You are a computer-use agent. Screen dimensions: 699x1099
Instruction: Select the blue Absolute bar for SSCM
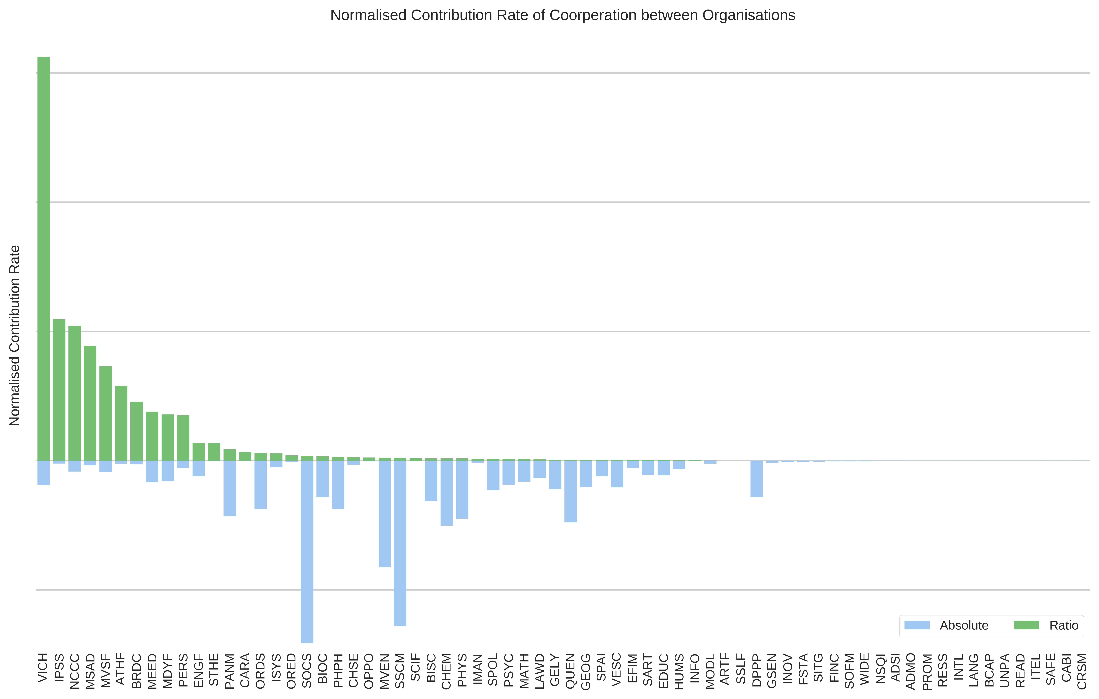coord(400,543)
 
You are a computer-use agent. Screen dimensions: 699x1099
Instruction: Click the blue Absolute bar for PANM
coord(230,488)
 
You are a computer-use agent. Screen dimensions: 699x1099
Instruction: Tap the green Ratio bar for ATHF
coord(121,423)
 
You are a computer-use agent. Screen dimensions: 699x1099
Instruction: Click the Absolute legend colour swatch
coord(917,625)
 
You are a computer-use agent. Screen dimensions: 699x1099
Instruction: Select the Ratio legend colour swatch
coord(1026,625)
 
